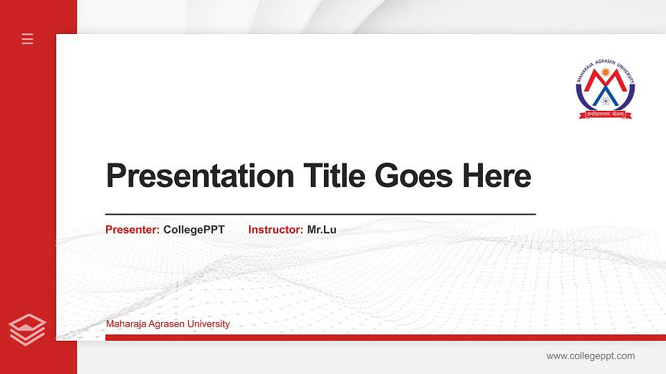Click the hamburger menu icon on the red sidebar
click(x=27, y=39)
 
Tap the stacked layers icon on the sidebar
click(x=27, y=329)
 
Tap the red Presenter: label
click(x=133, y=230)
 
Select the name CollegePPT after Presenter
click(x=194, y=230)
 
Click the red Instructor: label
click(x=275, y=230)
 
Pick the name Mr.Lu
click(x=322, y=230)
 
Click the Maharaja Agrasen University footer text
click(x=168, y=324)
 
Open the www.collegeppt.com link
click(x=590, y=356)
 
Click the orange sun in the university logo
click(x=605, y=72)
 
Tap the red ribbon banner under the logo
click(x=605, y=113)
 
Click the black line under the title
click(x=321, y=215)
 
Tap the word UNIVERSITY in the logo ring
click(x=626, y=73)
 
